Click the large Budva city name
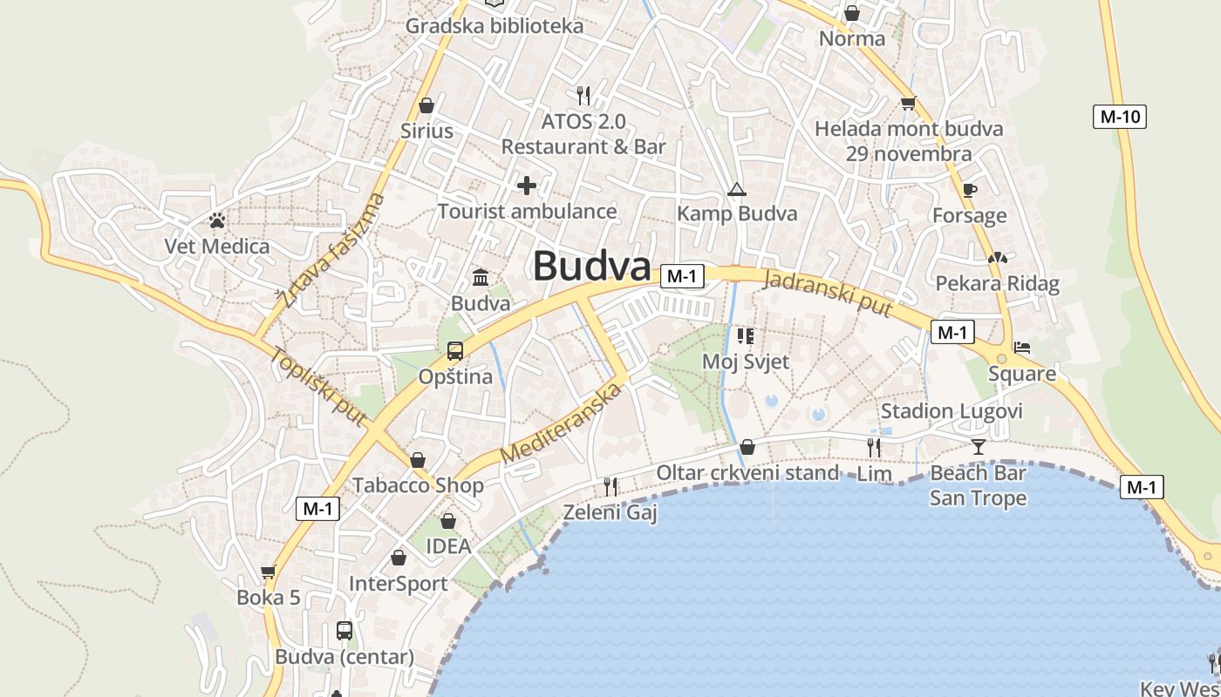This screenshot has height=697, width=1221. (592, 266)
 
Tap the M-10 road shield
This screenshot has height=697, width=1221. (1119, 117)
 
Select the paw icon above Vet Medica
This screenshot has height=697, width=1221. (217, 220)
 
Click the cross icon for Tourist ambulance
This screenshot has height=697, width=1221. (527, 185)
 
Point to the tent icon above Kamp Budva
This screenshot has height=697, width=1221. (737, 189)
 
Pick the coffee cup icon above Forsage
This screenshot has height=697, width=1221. (969, 190)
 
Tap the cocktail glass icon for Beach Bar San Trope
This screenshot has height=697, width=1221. (978, 447)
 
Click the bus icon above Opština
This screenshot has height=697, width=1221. (455, 351)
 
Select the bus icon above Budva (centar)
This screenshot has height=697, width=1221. (344, 630)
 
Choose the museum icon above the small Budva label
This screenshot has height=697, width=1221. (481, 278)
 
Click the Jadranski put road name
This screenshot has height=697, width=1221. (828, 294)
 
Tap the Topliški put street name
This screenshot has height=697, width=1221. (317, 387)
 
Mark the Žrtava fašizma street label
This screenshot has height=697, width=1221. (332, 252)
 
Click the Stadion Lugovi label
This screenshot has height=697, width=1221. (951, 411)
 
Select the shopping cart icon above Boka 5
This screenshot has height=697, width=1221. (268, 572)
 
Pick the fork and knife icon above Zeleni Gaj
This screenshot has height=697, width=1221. (610, 486)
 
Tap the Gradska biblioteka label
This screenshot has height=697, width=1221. (494, 26)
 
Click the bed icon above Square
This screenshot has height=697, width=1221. (1022, 348)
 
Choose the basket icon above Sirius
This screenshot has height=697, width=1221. (426, 105)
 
